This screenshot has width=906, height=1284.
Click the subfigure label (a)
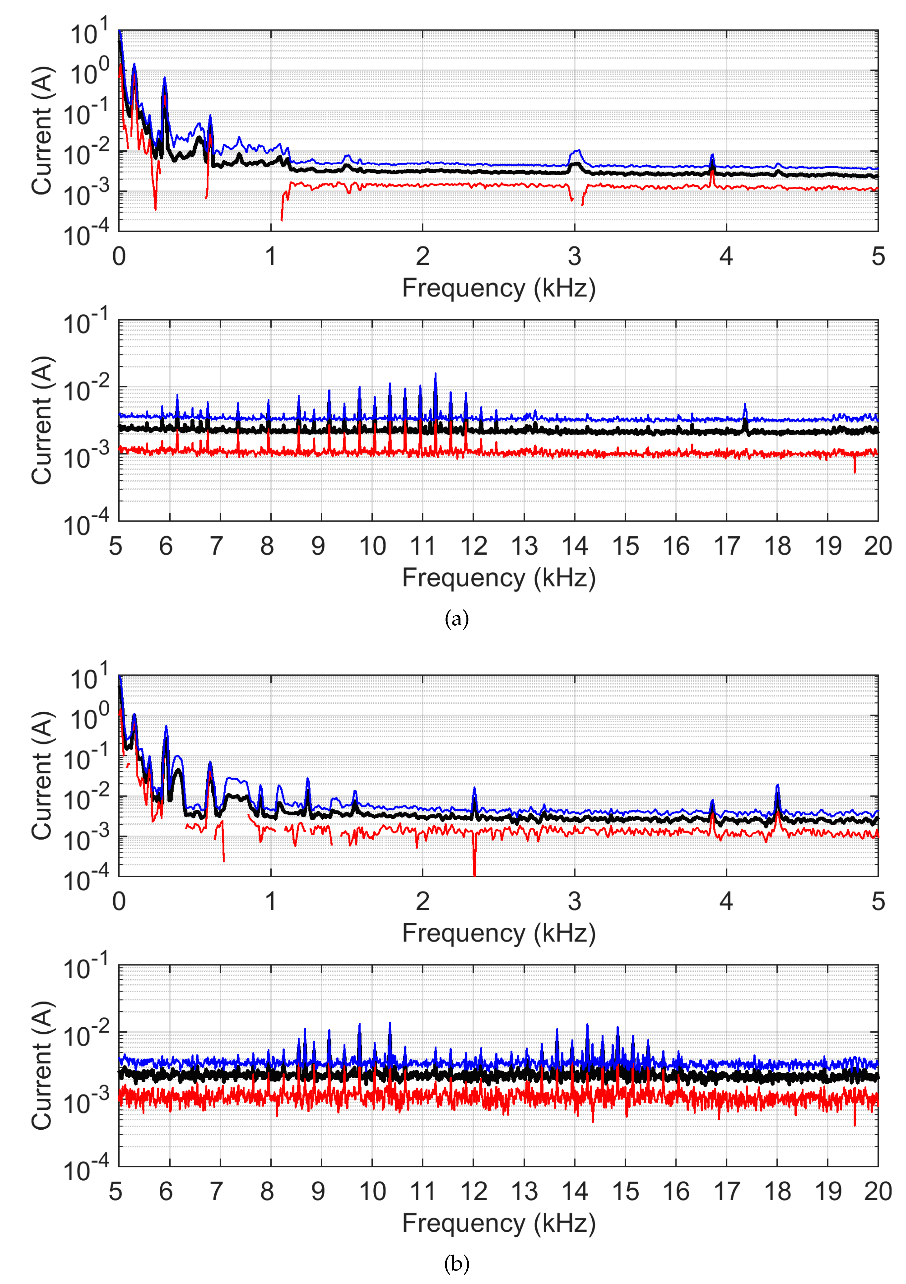(456, 619)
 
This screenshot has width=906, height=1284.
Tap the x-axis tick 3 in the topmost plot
(574, 257)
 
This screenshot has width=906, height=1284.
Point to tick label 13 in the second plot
(524, 546)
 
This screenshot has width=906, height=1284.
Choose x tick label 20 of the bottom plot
(877, 1191)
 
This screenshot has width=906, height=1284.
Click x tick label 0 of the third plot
(119, 901)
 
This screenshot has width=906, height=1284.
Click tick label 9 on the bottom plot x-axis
(318, 1191)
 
